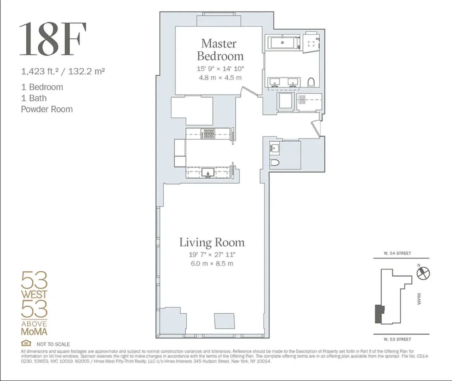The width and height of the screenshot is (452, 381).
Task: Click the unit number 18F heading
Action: pos(53,39)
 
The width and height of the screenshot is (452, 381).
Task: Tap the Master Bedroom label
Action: pos(220,50)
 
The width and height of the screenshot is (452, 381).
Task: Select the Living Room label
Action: pos(212,243)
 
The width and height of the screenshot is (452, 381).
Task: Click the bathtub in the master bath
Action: pos(283,43)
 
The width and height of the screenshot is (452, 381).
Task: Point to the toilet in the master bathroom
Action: pos(311,82)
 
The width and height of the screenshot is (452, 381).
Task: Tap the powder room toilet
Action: pos(275,163)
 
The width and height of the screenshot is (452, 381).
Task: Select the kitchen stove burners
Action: pos(208,134)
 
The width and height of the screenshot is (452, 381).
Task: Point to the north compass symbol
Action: pos(423,273)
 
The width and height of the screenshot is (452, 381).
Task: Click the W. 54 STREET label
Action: pos(397,253)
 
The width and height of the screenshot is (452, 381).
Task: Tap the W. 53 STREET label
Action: pos(397,339)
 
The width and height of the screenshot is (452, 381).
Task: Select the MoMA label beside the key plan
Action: pos(419,299)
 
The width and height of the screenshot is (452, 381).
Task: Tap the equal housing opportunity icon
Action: pos(26,343)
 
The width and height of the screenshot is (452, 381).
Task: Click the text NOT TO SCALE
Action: pos(53,344)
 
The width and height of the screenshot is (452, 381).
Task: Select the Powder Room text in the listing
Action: pos(47,109)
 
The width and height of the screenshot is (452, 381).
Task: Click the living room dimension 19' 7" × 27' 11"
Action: pos(212,255)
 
